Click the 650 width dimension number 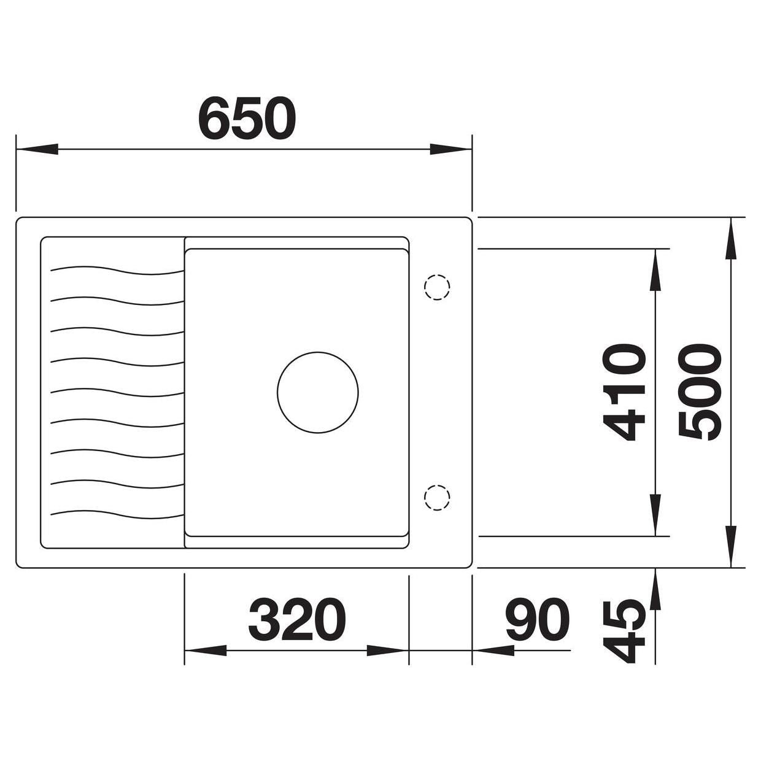coord(247,117)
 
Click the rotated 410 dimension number coord(624,392)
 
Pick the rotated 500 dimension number coord(700,392)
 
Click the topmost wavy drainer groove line coord(117,270)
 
